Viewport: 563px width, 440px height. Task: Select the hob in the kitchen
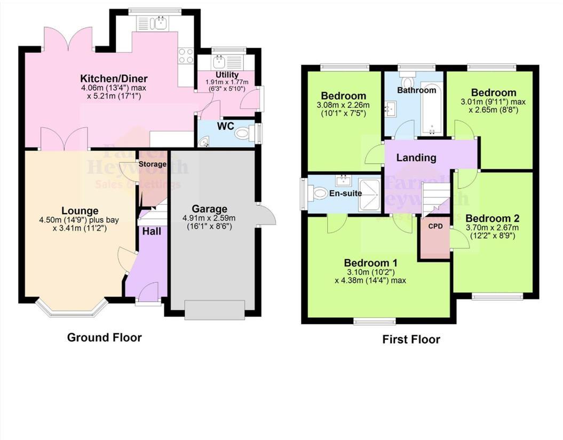point(186,56)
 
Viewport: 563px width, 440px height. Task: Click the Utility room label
point(227,74)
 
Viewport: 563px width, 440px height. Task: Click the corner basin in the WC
point(203,142)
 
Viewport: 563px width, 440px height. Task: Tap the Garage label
point(209,209)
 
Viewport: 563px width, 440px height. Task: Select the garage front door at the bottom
point(215,310)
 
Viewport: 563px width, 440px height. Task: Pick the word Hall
point(151,232)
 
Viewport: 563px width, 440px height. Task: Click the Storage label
point(153,164)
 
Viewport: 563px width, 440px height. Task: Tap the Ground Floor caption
point(104,337)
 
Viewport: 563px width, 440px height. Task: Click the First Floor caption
point(411,340)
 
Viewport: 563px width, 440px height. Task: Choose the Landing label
point(416,158)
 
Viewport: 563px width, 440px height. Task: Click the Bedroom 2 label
point(492,218)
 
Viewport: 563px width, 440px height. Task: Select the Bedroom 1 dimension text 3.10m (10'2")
point(370,272)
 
